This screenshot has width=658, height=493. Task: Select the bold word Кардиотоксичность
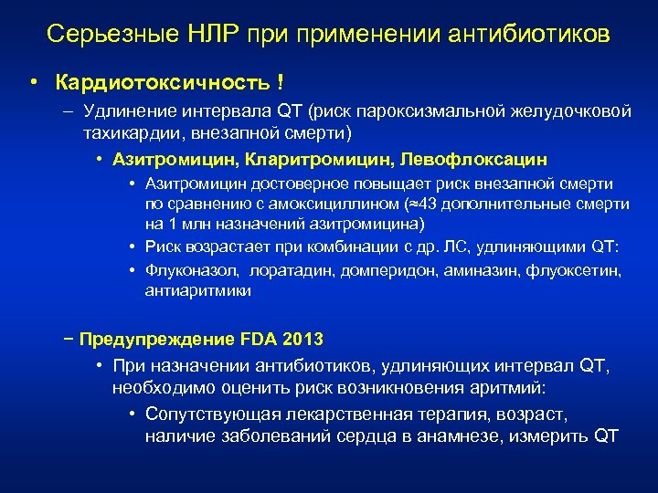click(162, 83)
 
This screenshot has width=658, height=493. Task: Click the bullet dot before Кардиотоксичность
click(33, 83)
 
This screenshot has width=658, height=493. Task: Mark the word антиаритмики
click(197, 291)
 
